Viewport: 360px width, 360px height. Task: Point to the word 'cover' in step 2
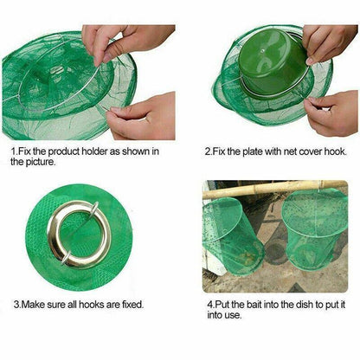click(x=309, y=151)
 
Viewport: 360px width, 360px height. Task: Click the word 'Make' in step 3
click(x=34, y=304)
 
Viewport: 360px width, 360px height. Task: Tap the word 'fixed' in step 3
click(x=130, y=304)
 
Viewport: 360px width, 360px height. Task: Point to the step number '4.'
click(x=209, y=304)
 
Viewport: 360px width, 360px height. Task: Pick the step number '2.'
click(x=209, y=151)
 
